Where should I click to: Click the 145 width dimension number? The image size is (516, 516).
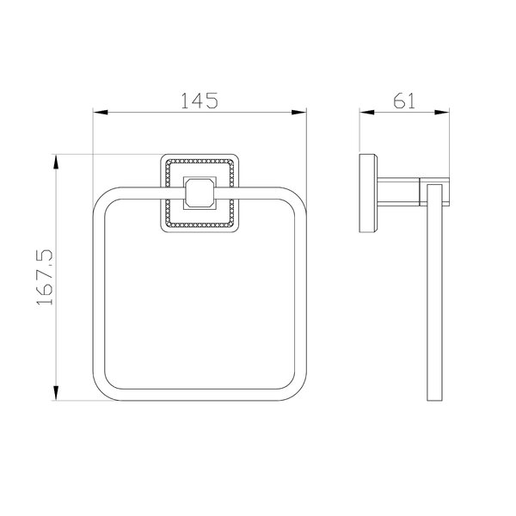click(200, 101)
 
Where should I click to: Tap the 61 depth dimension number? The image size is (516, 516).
click(404, 101)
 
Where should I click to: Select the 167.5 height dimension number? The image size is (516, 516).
click(45, 278)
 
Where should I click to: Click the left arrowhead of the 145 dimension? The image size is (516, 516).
click(101, 113)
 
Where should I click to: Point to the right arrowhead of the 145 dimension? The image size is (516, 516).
click(298, 113)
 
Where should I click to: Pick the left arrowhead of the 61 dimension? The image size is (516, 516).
click(367, 113)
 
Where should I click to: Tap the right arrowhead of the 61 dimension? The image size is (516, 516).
click(442, 113)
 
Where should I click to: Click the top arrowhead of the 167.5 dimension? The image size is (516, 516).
click(56, 162)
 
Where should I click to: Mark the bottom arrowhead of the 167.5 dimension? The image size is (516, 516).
click(56, 393)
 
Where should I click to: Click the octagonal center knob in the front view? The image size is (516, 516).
click(200, 193)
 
